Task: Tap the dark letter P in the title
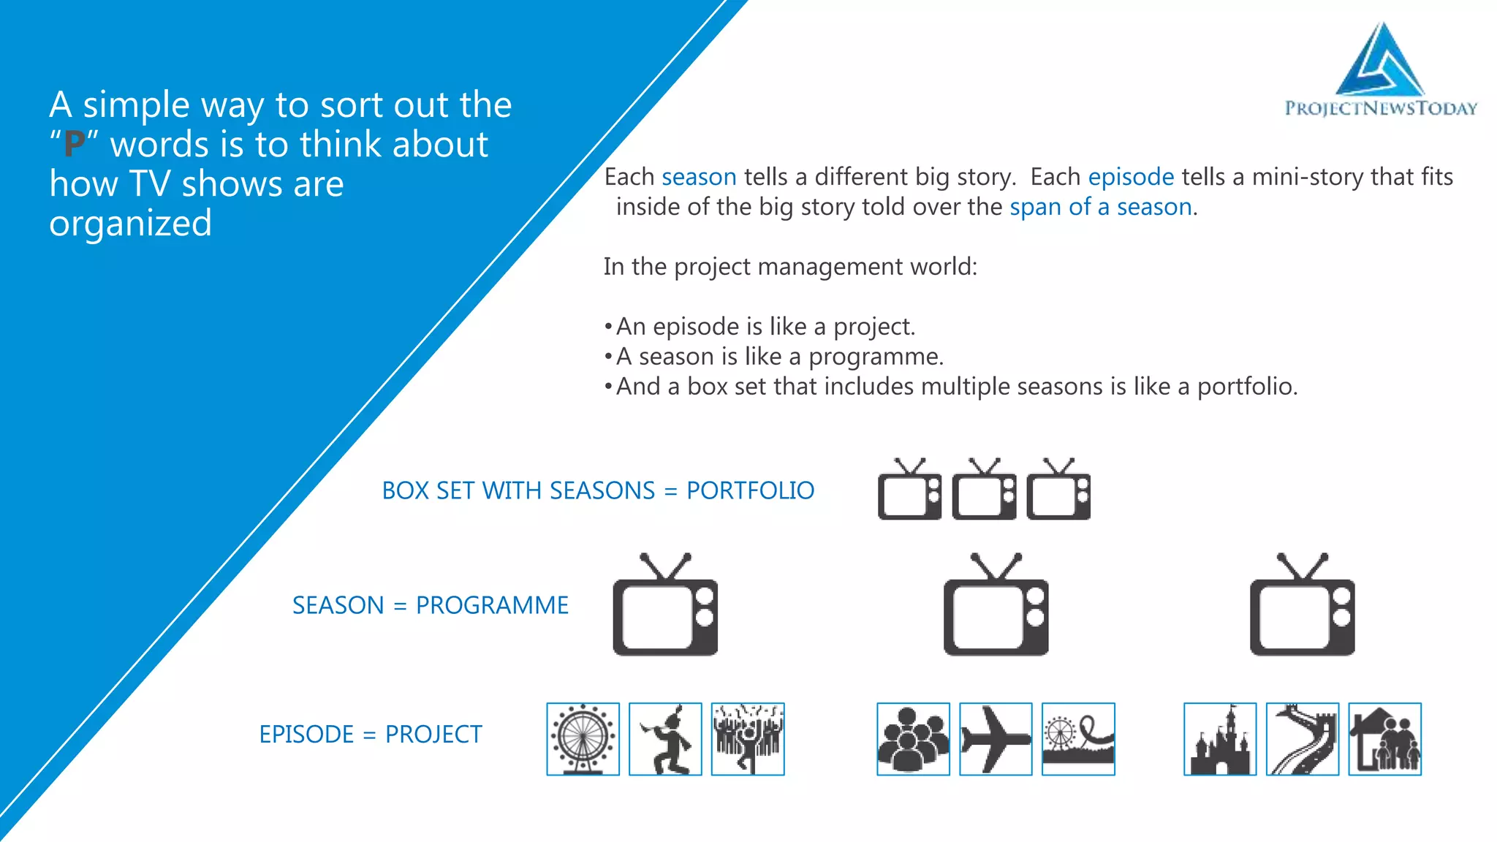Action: click(74, 145)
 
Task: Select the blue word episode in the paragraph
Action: click(1131, 177)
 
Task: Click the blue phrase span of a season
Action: click(1101, 207)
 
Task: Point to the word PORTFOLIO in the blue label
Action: click(750, 490)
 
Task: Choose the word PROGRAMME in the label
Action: click(492, 605)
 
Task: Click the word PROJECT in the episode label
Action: click(433, 734)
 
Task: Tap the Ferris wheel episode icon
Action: click(583, 739)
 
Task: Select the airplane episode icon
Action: click(996, 739)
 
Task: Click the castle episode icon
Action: click(1220, 739)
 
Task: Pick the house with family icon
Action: click(1384, 739)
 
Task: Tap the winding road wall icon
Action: click(1303, 739)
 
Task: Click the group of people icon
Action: click(913, 739)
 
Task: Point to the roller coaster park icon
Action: click(1078, 739)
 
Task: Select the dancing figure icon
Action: click(665, 739)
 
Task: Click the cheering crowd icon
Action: click(748, 739)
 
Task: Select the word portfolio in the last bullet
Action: click(1246, 387)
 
